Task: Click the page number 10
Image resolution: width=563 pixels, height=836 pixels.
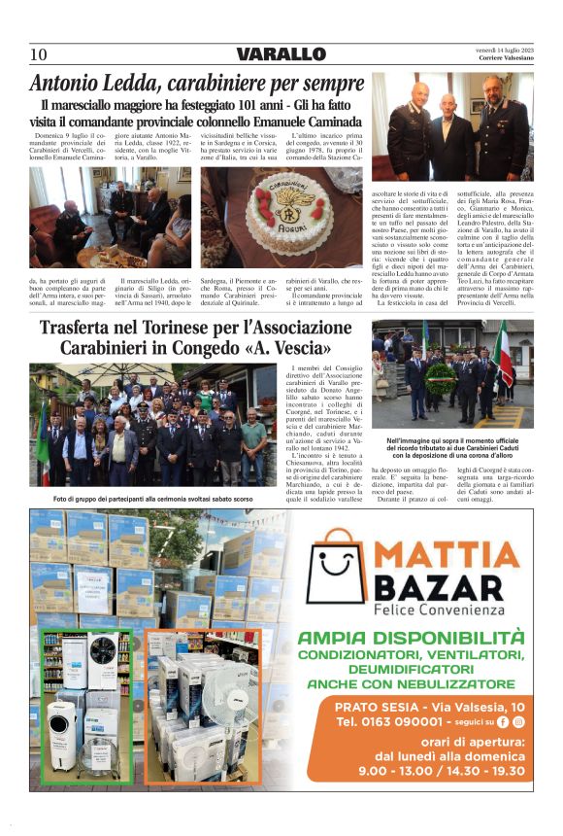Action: (38, 54)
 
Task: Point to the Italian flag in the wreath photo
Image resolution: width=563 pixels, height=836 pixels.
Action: (504, 352)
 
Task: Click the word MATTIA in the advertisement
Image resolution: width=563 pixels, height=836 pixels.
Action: (446, 555)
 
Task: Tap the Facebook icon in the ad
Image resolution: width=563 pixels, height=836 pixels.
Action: (503, 722)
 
